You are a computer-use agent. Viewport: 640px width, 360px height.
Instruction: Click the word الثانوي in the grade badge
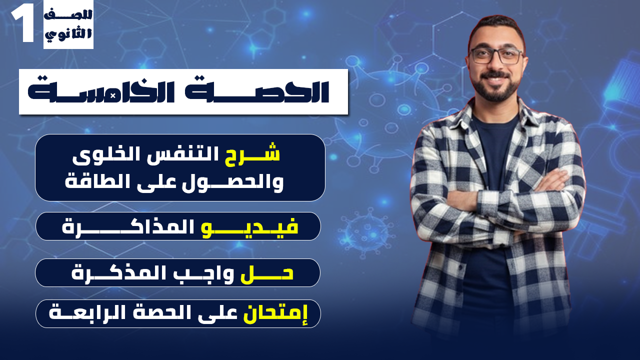[68, 35]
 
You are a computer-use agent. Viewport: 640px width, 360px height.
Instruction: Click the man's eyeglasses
[496, 55]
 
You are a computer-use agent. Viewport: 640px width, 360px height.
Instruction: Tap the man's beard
[495, 90]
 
